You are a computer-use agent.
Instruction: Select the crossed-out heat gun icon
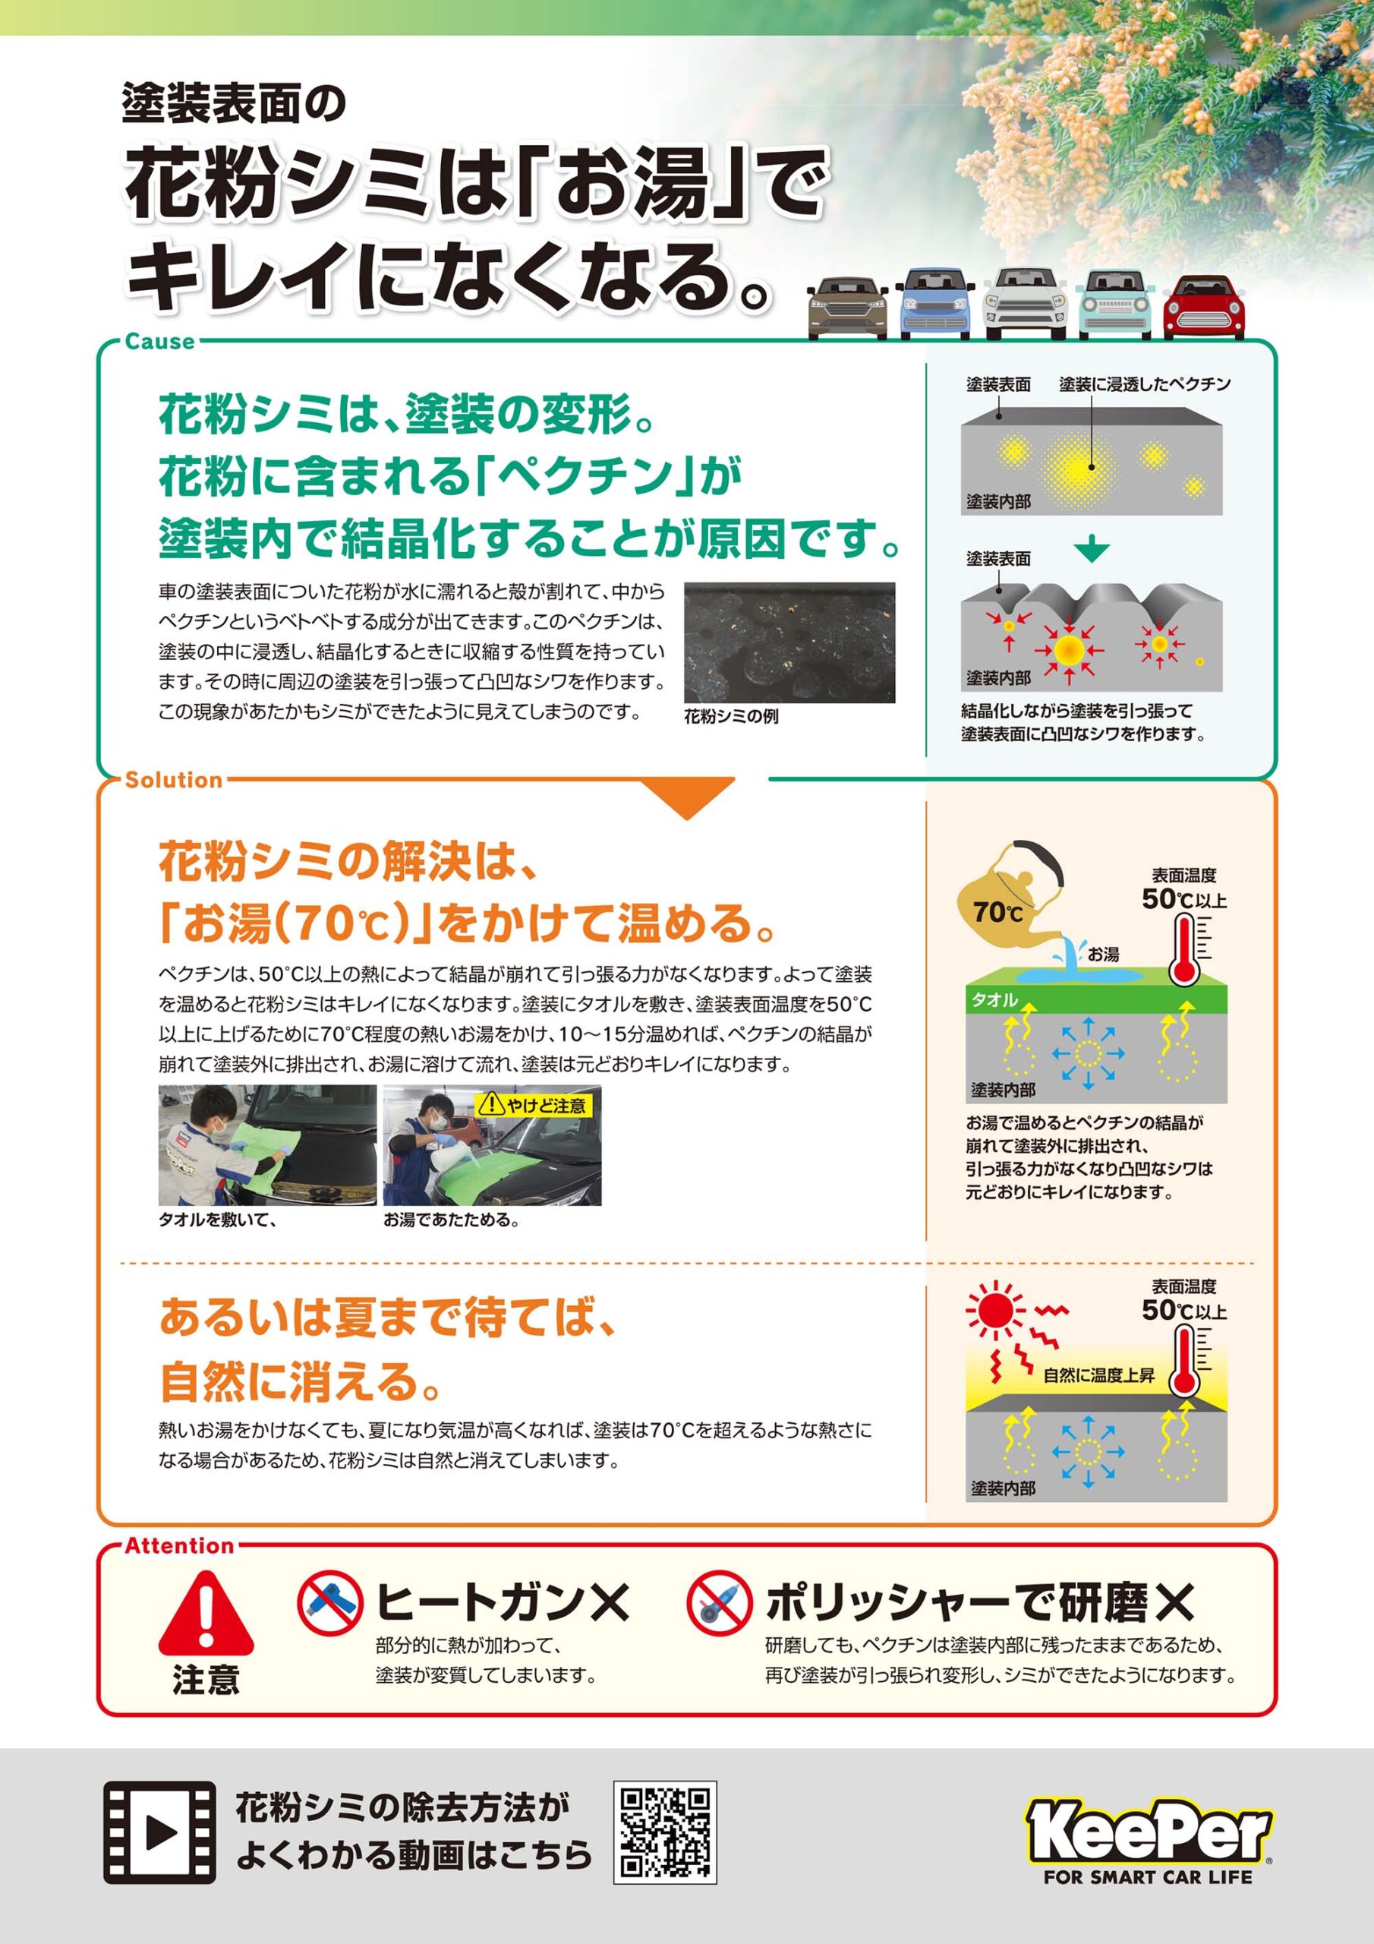coord(330,1603)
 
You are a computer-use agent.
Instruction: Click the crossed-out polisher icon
coord(720,1603)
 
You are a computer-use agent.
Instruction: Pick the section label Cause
coord(160,342)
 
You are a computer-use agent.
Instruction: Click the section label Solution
coord(174,780)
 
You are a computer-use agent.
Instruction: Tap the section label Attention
coord(179,1545)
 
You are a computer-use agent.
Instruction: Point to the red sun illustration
coord(994,1311)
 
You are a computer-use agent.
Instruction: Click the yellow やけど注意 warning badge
coord(534,1105)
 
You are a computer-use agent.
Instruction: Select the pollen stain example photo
coord(789,642)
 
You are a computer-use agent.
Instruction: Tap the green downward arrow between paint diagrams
coord(1092,550)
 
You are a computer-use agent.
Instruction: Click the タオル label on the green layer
coord(994,1000)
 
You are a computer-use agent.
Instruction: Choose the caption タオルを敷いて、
coord(218,1220)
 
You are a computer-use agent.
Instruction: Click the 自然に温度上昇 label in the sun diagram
coord(1099,1375)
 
